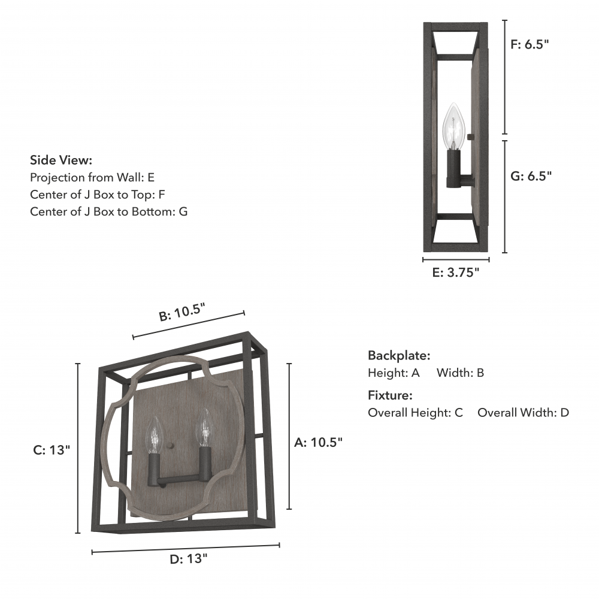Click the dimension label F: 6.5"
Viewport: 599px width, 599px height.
click(530, 44)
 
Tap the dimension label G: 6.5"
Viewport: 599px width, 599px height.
click(531, 176)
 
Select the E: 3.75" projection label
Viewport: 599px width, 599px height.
click(455, 273)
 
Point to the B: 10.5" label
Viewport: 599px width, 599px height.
click(182, 312)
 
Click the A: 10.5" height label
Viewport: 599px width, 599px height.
click(318, 442)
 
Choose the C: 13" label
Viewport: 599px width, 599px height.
click(52, 450)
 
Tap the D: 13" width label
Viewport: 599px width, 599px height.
click(188, 558)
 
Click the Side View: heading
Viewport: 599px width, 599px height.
click(61, 160)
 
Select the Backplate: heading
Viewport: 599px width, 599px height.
click(399, 355)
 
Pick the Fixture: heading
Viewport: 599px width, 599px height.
click(390, 395)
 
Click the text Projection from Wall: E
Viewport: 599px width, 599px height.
click(92, 177)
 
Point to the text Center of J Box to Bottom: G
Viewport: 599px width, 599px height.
click(109, 211)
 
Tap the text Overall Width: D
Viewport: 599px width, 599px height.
click(523, 413)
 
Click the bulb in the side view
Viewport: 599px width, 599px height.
click(454, 126)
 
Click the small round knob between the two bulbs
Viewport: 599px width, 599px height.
click(171, 446)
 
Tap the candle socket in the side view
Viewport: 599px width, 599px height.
click(453, 168)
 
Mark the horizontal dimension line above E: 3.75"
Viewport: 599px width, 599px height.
click(456, 260)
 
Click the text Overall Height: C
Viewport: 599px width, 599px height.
click(415, 413)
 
